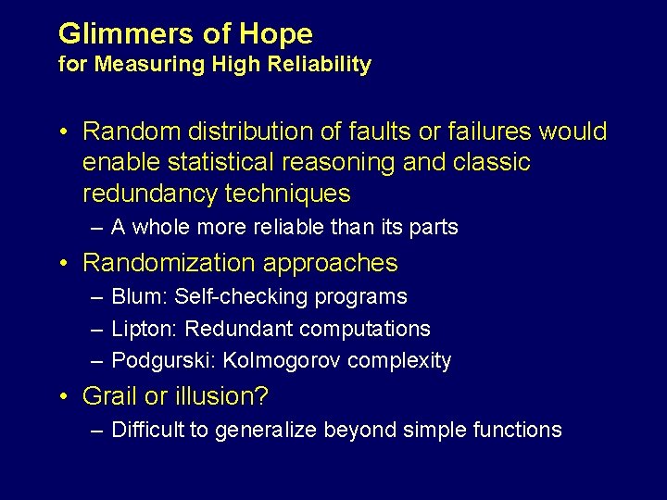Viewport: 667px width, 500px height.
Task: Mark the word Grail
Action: pyautogui.click(x=107, y=396)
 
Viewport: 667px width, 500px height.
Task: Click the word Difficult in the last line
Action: pyautogui.click(x=146, y=430)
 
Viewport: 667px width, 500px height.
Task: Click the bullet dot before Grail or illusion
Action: pyautogui.click(x=63, y=397)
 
